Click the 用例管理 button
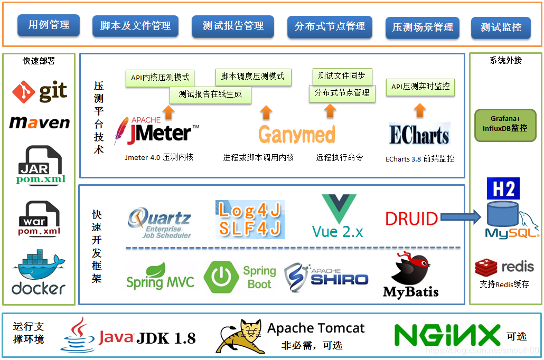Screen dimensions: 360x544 [49, 25]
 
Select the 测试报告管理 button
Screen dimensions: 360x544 [233, 26]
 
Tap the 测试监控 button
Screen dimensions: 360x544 [501, 27]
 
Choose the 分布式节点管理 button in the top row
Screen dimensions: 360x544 [330, 26]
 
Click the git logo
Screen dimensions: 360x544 [40, 92]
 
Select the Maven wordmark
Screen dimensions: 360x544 [40, 122]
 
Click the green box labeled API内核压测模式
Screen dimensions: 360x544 [160, 78]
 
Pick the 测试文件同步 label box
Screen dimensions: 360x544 [342, 76]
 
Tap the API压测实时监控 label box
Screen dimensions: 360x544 [420, 87]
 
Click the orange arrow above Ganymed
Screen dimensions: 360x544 [266, 111]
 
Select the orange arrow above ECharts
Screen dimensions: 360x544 [420, 110]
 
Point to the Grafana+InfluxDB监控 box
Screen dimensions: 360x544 [505, 125]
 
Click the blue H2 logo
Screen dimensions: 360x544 [503, 188]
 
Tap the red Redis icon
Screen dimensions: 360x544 [486, 267]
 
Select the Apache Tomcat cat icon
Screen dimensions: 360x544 [240, 336]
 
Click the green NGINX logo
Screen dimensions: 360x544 [447, 335]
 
